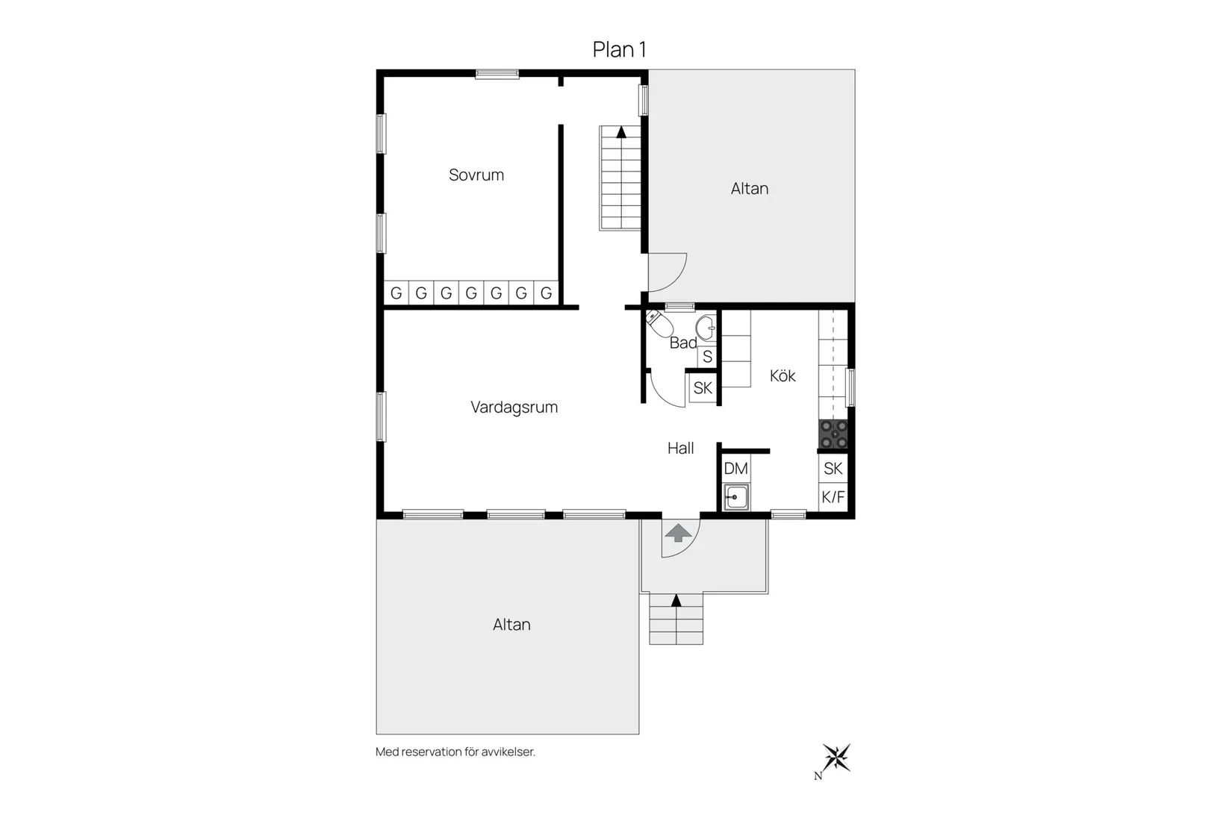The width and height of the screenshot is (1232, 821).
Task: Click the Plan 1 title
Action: (x=619, y=49)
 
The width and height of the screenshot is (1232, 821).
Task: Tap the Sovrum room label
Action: (x=476, y=175)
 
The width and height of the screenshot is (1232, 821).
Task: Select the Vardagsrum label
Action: (x=514, y=408)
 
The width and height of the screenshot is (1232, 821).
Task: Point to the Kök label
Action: (x=783, y=375)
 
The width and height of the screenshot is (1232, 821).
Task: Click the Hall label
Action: (x=680, y=448)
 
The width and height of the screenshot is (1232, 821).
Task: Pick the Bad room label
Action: (x=683, y=343)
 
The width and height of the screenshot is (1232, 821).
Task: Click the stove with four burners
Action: (x=834, y=434)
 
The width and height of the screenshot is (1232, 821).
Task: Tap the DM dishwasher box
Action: (x=736, y=469)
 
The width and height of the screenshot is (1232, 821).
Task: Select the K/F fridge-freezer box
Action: (x=833, y=497)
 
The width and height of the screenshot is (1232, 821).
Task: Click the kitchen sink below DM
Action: (x=736, y=497)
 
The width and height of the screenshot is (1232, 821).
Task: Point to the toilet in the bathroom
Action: (x=659, y=323)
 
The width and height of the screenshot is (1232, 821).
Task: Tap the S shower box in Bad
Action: (x=707, y=356)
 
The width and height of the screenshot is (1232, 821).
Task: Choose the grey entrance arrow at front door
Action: (x=678, y=533)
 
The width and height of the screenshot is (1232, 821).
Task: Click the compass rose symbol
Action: (x=836, y=758)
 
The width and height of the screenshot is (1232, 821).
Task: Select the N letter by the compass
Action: (x=818, y=776)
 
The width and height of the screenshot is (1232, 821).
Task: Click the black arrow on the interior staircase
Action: (x=621, y=132)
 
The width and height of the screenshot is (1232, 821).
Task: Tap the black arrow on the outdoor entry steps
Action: (x=676, y=601)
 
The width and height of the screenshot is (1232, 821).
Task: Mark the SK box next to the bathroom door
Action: (x=703, y=388)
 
